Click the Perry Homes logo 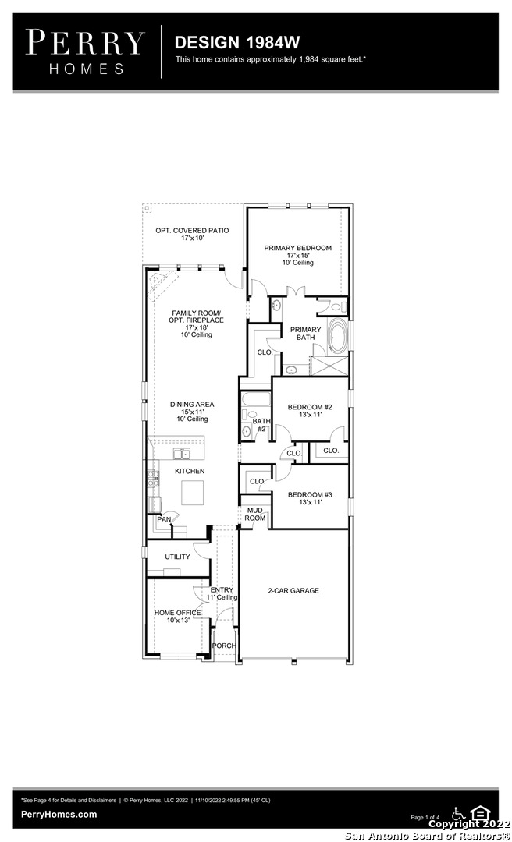click(x=86, y=51)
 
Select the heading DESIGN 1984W click(x=237, y=42)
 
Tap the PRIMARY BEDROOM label click(x=298, y=248)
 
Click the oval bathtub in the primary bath click(x=338, y=337)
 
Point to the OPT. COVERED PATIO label click(x=192, y=230)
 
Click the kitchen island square click(x=193, y=493)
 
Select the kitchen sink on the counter click(x=183, y=454)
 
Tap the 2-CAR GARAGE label click(x=293, y=591)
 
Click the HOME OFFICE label click(x=177, y=613)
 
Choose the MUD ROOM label click(x=255, y=515)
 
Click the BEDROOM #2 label click(x=310, y=407)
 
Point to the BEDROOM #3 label click(x=310, y=494)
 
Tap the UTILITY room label click(x=177, y=557)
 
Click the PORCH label click(x=224, y=646)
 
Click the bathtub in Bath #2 click(x=255, y=399)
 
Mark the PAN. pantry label click(x=165, y=519)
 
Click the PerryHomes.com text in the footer click(x=59, y=815)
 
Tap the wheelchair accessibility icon click(x=459, y=813)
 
